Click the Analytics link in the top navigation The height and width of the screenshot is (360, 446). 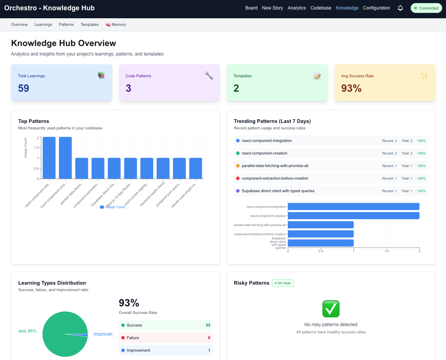click(x=297, y=8)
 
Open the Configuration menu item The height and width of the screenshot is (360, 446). click(x=376, y=8)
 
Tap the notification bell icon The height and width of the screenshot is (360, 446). click(x=400, y=8)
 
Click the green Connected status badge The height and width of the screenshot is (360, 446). click(x=426, y=8)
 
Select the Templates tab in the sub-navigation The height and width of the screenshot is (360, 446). click(x=89, y=25)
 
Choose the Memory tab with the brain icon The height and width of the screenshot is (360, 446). click(x=116, y=25)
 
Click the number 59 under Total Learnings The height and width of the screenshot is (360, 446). click(x=24, y=88)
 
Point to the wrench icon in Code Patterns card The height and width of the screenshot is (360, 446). click(x=209, y=75)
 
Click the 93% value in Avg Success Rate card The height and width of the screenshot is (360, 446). click(x=351, y=88)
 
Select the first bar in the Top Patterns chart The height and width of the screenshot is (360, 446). click(x=49, y=158)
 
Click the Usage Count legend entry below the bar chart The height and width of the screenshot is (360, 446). click(x=113, y=207)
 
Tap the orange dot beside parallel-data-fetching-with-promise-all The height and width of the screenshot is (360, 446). click(x=238, y=166)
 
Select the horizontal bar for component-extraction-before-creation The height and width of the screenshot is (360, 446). click(x=321, y=234)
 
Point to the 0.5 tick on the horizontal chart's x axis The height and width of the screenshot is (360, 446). click(x=321, y=251)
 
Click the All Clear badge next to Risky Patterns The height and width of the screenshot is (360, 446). click(x=283, y=283)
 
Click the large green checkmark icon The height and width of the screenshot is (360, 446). click(x=331, y=309)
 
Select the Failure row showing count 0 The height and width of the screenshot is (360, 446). click(x=165, y=338)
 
